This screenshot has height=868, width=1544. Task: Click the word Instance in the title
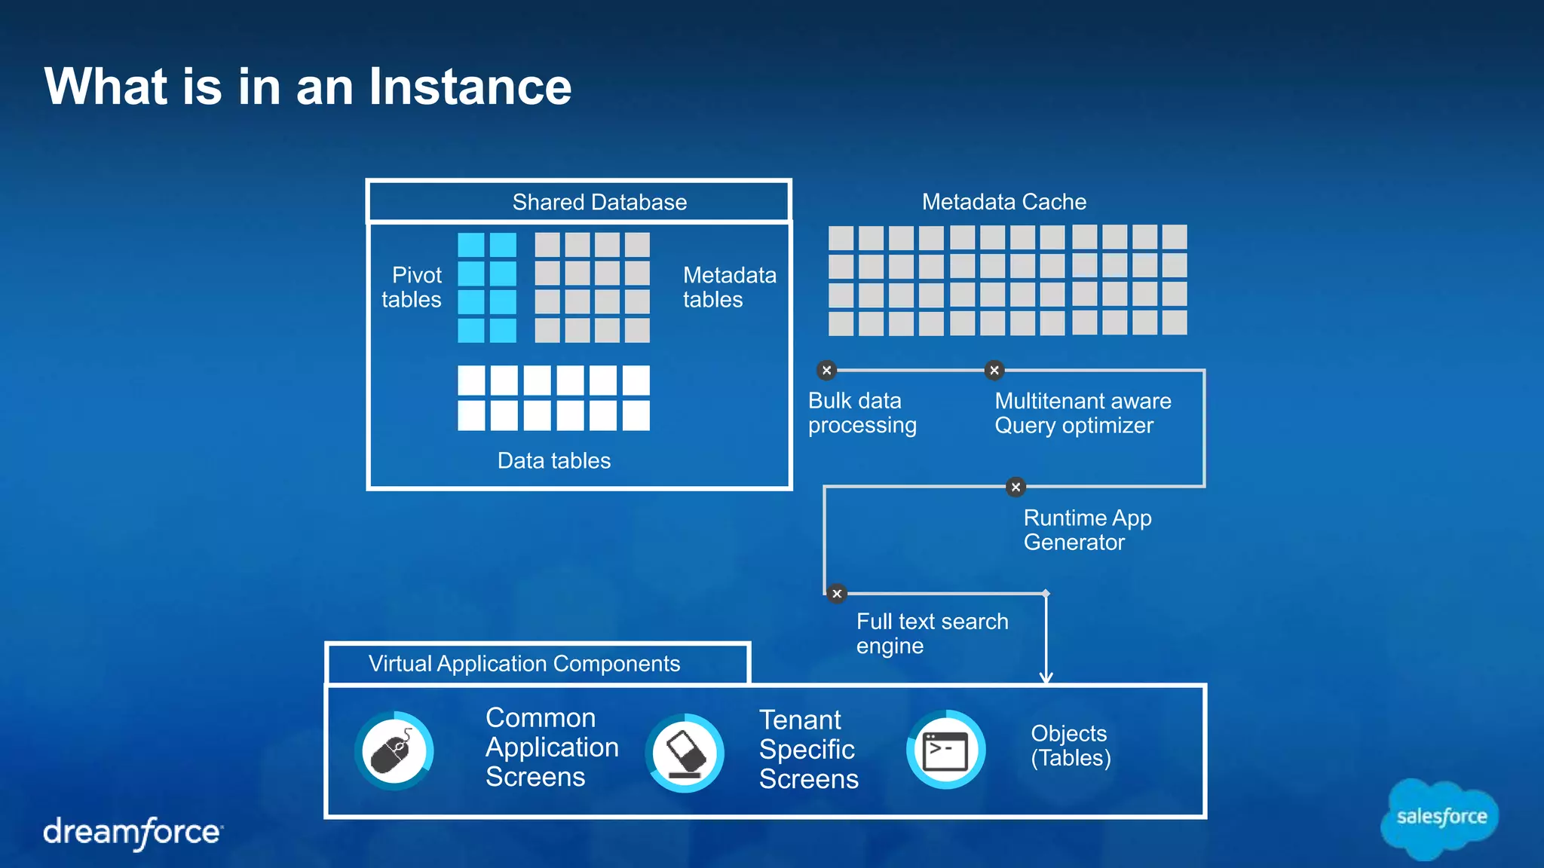pyautogui.click(x=470, y=87)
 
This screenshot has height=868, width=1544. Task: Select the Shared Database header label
pyautogui.click(x=599, y=202)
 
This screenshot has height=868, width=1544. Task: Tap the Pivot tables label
pyautogui.click(x=412, y=287)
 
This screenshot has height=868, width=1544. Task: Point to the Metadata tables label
pyautogui.click(x=729, y=287)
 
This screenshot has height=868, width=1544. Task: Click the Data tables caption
pyautogui.click(x=553, y=460)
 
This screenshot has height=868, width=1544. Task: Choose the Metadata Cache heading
pyautogui.click(x=1003, y=201)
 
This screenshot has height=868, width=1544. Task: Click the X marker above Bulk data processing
pyautogui.click(x=826, y=370)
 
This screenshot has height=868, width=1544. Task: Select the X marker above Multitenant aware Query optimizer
pyautogui.click(x=994, y=370)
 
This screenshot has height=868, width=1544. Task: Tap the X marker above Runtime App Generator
pyautogui.click(x=1016, y=487)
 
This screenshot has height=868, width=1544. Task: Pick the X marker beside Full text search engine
pyautogui.click(x=836, y=594)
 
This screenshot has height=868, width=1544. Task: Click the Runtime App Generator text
pyautogui.click(x=1086, y=530)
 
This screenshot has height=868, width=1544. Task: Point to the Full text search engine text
pyautogui.click(x=932, y=633)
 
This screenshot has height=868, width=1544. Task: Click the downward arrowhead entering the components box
pyautogui.click(x=1046, y=677)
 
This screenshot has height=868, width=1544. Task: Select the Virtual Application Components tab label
pyautogui.click(x=524, y=663)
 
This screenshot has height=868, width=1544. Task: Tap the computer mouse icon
pyautogui.click(x=394, y=750)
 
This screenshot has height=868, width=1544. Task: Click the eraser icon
pyautogui.click(x=685, y=752)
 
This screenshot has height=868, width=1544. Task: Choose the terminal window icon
pyautogui.click(x=945, y=750)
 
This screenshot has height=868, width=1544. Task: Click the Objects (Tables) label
pyautogui.click(x=1070, y=745)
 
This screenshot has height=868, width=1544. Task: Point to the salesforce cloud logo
pyautogui.click(x=1440, y=818)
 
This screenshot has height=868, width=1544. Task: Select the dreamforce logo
pyautogui.click(x=133, y=833)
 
